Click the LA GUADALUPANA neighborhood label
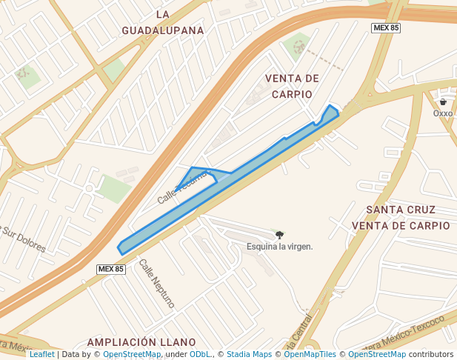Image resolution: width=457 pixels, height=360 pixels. coord(163,22)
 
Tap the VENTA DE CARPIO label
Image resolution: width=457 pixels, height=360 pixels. coord(292,86)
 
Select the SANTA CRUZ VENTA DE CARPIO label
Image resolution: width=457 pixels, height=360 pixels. coord(401,218)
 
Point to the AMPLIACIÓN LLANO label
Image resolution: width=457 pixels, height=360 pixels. coord(141,342)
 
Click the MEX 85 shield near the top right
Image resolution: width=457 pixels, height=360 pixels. coord(385,27)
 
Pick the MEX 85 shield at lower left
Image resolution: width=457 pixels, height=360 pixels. coord(111,269)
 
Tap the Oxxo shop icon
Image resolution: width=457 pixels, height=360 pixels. coord(443,102)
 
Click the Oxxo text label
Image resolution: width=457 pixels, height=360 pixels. coord(443,113)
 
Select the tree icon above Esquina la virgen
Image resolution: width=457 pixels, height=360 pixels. coord(279,235)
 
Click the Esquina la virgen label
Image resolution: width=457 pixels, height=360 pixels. coord(279,247)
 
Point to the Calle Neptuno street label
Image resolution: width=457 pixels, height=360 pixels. coord(156,284)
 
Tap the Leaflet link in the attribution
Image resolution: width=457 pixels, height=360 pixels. coord(41,354)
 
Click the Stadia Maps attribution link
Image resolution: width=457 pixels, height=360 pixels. coord(249,354)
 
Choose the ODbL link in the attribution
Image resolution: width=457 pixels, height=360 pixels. coord(200,354)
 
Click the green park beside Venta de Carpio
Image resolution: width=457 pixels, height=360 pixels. coord(297,46)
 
